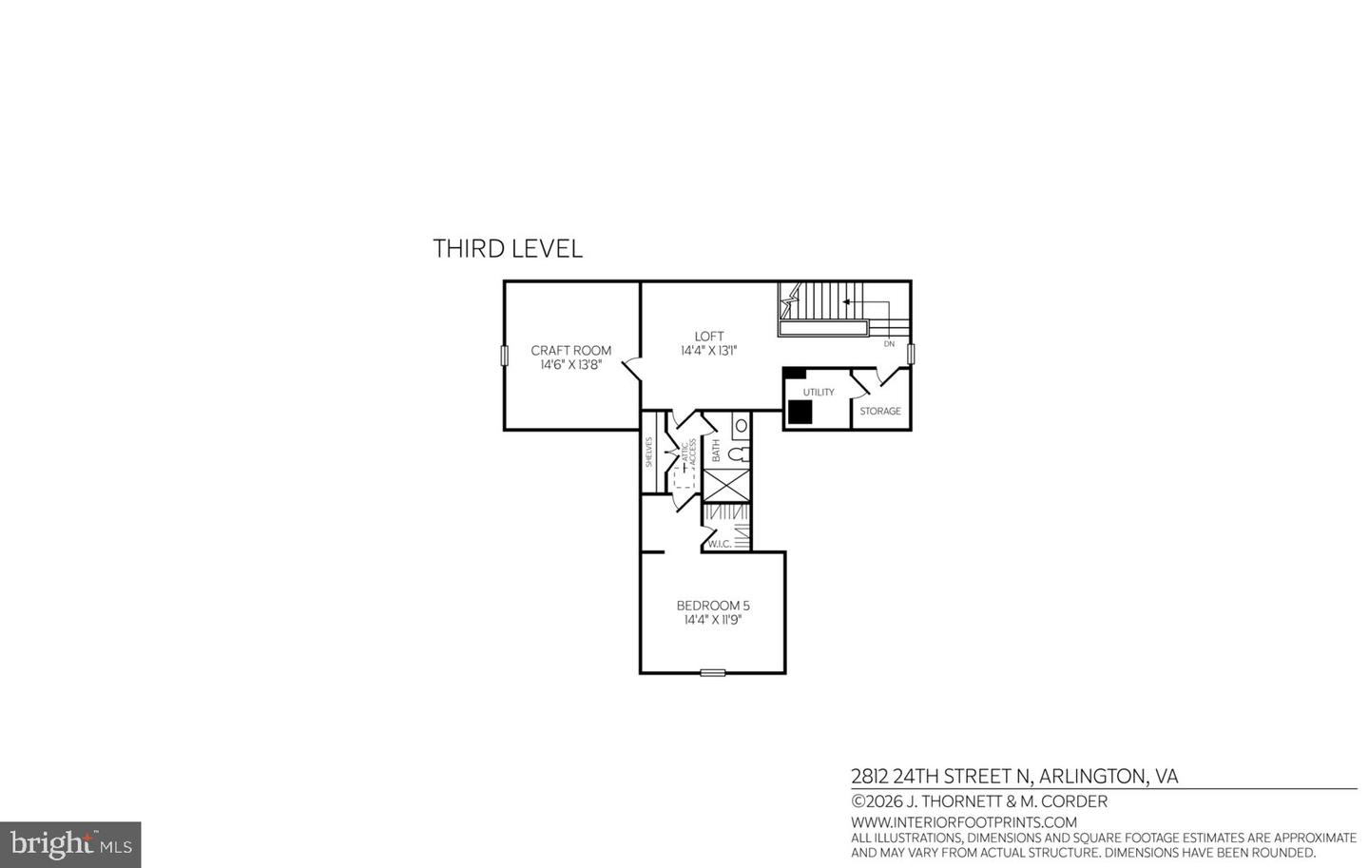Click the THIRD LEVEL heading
(x=508, y=249)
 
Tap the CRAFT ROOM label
(x=570, y=351)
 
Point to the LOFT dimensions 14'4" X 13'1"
(x=708, y=351)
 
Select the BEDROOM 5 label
(x=713, y=606)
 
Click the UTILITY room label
(x=819, y=393)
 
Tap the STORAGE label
(x=880, y=412)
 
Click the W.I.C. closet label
(x=720, y=545)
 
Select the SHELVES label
(x=649, y=452)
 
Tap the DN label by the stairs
(x=889, y=344)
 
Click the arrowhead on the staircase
(x=846, y=302)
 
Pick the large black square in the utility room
(x=800, y=412)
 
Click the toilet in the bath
(x=741, y=453)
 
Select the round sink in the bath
(x=742, y=425)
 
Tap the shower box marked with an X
(x=727, y=486)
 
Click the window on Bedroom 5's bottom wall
(x=713, y=673)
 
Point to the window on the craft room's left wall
(x=504, y=355)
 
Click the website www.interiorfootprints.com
(x=963, y=822)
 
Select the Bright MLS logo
(x=70, y=844)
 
